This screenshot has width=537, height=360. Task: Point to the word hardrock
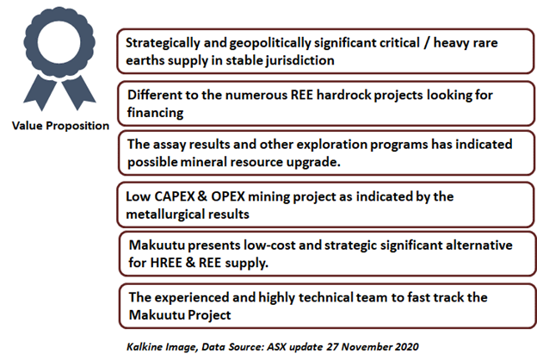343,95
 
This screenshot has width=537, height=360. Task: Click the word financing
155,113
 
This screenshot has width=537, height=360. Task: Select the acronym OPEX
228,196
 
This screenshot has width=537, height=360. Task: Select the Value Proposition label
60,126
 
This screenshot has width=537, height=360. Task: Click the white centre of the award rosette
59,43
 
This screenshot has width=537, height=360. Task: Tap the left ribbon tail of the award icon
40,92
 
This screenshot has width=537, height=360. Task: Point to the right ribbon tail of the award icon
78,92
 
